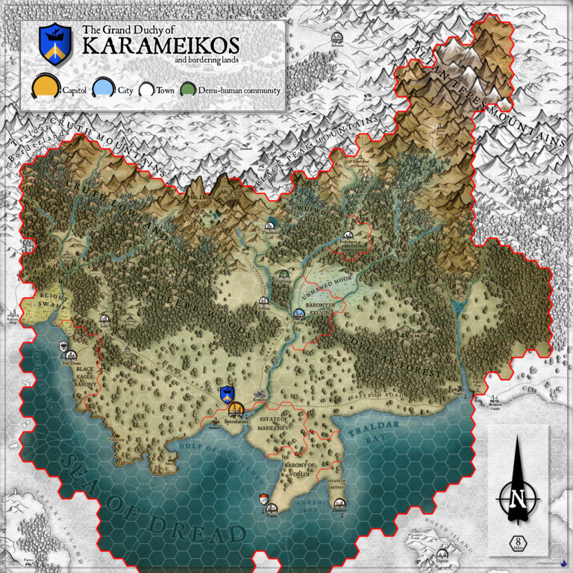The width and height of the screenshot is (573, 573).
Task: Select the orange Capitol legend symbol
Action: point(44,89)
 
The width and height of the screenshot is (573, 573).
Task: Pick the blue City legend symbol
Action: point(106,89)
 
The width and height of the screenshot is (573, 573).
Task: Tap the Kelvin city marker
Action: point(299,313)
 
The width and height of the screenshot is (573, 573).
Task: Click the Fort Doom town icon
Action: point(64,346)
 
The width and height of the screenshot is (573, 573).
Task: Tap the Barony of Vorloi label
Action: point(301,468)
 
